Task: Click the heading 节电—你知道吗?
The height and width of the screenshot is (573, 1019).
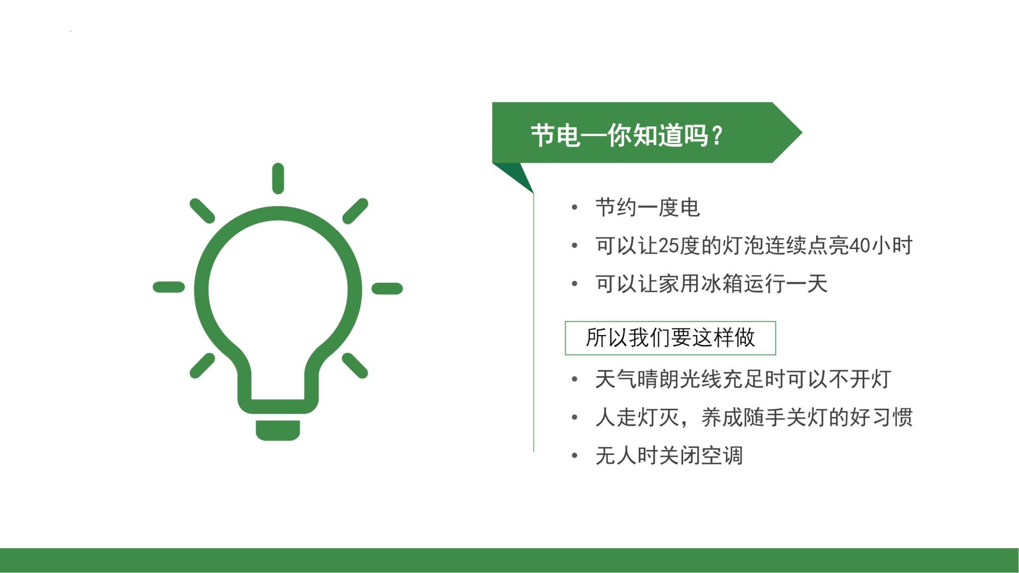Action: click(x=626, y=135)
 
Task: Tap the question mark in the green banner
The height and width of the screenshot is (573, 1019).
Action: click(x=717, y=135)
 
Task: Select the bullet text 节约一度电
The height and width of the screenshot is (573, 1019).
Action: click(x=647, y=208)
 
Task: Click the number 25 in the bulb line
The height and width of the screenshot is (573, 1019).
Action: click(x=669, y=246)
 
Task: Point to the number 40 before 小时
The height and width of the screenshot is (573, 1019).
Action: click(x=859, y=246)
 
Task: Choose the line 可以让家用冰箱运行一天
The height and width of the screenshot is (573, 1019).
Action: click(x=711, y=284)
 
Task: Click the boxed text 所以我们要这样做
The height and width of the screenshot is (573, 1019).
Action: click(x=670, y=338)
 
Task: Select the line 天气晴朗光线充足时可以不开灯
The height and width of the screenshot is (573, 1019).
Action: click(x=743, y=379)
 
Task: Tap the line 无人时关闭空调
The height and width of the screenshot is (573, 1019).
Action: click(x=669, y=456)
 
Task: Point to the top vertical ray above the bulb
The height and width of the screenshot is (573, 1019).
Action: click(x=278, y=178)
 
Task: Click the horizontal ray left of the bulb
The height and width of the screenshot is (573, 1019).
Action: click(x=169, y=287)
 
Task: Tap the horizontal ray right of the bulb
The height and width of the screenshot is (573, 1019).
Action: click(x=387, y=288)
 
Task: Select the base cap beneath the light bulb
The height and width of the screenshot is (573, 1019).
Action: click(x=278, y=430)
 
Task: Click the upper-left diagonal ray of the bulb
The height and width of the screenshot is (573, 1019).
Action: click(x=202, y=211)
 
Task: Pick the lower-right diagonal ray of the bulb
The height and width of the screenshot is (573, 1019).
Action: click(x=355, y=365)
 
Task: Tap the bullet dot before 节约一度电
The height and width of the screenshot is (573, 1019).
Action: click(x=575, y=208)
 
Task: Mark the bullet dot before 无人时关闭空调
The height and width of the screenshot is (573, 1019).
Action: click(x=575, y=456)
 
